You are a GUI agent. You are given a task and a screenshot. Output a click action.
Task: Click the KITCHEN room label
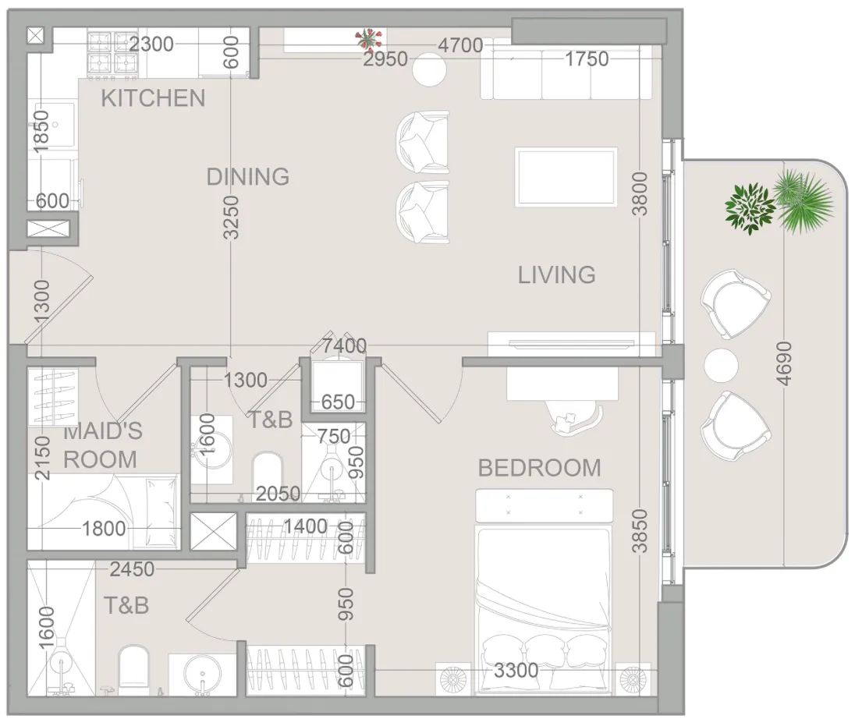coord(153,98)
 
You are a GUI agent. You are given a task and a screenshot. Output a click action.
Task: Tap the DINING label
coord(248,176)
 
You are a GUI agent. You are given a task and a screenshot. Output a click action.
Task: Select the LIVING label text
coord(557,274)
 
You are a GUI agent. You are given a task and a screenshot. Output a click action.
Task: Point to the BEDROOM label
coord(539,468)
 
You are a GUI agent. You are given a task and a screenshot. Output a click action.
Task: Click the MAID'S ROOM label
coord(102,445)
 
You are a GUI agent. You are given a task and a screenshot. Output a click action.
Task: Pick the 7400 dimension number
coord(344,345)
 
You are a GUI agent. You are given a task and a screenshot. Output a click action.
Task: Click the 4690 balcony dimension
coord(783,363)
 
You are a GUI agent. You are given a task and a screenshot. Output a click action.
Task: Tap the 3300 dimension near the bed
coord(516,670)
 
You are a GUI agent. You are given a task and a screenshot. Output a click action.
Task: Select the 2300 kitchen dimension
coord(151,44)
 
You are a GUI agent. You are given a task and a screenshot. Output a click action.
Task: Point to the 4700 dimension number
coord(461,45)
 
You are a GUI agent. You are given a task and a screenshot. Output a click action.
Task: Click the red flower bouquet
coord(369,40)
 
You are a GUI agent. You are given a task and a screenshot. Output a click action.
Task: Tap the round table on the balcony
coord(721,365)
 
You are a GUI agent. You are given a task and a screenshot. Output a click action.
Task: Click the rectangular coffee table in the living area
coord(566,177)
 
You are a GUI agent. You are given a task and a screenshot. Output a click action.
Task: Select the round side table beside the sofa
coord(429,69)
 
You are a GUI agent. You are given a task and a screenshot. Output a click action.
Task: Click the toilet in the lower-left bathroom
coord(133,668)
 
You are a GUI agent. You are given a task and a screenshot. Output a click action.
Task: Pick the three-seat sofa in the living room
coord(566,73)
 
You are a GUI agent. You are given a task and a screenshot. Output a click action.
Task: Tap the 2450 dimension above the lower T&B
coord(132,569)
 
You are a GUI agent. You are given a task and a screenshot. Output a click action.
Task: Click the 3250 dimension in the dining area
coord(231,218)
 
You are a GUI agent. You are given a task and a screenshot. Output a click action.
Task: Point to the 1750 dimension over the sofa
coord(586,58)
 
